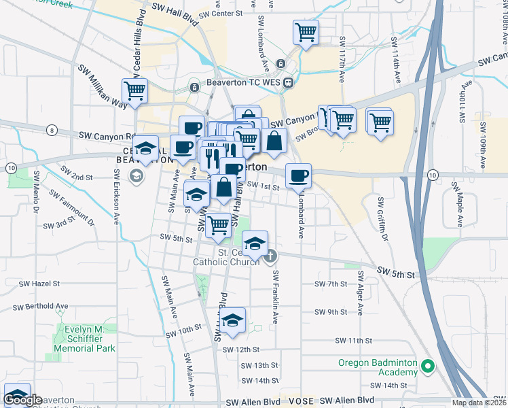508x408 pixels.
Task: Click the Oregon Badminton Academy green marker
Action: click(x=427, y=367)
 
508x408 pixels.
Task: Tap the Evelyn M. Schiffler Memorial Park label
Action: click(x=84, y=339)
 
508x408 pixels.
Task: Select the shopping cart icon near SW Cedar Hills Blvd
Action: click(x=134, y=90)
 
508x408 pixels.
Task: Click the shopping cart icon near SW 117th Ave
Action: click(x=306, y=31)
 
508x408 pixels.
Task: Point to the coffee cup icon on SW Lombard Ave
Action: click(x=298, y=176)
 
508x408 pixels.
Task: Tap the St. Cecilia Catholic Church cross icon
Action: click(x=270, y=256)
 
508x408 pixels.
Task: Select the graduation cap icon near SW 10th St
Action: click(x=232, y=320)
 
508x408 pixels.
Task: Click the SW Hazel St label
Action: click(x=39, y=284)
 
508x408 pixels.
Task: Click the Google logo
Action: click(x=23, y=401)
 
